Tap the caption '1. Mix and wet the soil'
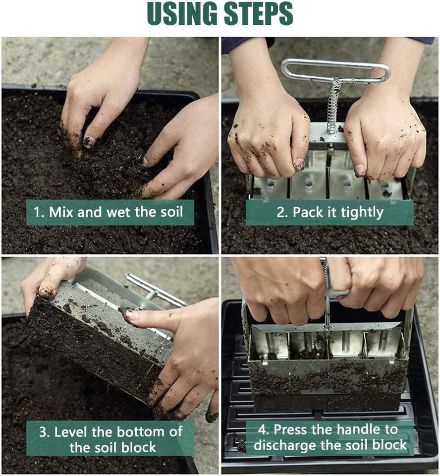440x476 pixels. click(109, 212)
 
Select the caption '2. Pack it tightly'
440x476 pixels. click(330, 212)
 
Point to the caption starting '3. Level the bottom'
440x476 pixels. click(110, 439)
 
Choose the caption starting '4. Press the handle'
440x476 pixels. click(330, 437)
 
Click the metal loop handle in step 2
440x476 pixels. click(335, 70)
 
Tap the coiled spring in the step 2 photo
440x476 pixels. click(334, 105)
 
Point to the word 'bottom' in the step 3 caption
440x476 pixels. click(140, 431)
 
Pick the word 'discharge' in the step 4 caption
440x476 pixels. click(284, 445)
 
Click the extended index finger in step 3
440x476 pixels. click(152, 317)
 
